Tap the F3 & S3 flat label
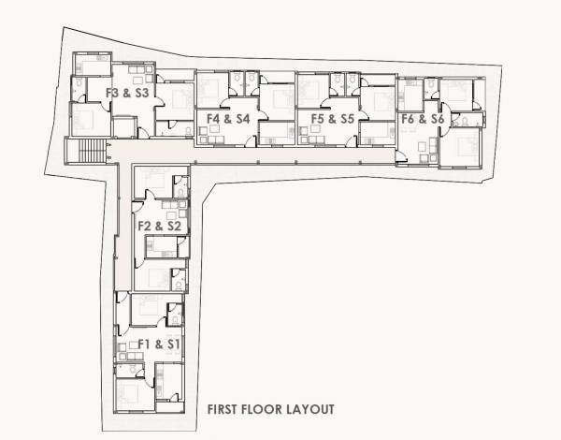pos(127,93)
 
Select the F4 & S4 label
pos(227,119)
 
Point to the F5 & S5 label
pos(331,119)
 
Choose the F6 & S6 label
pos(422,119)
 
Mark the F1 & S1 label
pos(159,345)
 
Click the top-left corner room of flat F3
pos(93,64)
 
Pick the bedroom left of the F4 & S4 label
pos(210,91)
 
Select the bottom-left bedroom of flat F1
pos(132,391)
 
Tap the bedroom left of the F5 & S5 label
pos(312,91)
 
